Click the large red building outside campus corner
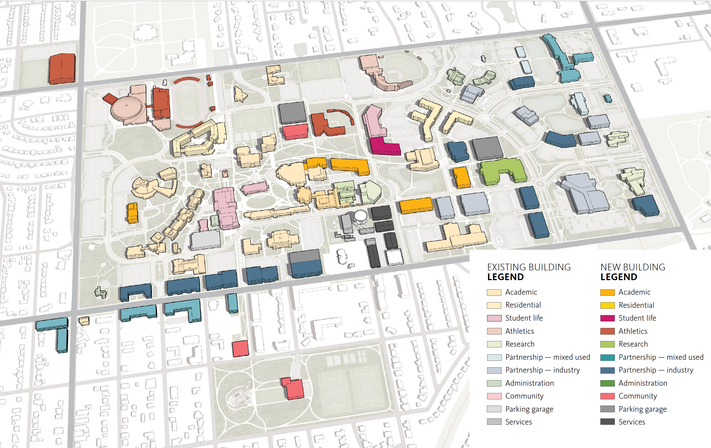(62, 68)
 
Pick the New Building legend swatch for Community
(607, 396)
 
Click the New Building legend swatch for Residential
(607, 305)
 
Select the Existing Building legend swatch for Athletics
(494, 331)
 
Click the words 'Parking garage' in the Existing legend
(529, 409)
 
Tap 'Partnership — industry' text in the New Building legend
(656, 370)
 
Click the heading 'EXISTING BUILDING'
(529, 267)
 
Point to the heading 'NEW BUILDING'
(633, 267)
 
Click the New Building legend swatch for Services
(607, 422)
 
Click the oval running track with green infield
(188, 102)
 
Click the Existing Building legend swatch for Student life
(494, 318)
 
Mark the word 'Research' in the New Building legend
(633, 344)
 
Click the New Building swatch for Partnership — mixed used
(607, 357)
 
